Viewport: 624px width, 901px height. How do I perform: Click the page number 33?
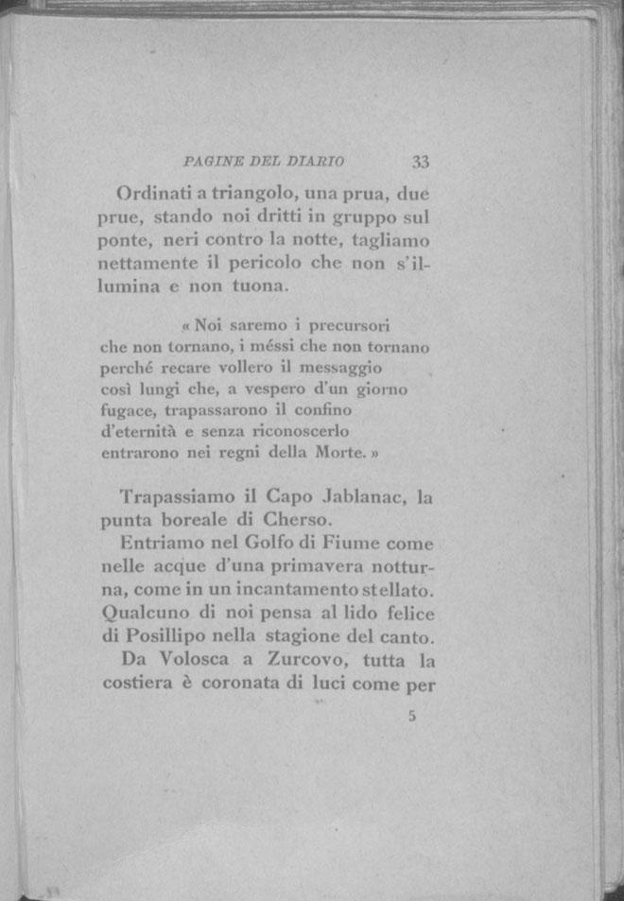[421, 162]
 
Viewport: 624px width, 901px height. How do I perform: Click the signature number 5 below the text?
[412, 716]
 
